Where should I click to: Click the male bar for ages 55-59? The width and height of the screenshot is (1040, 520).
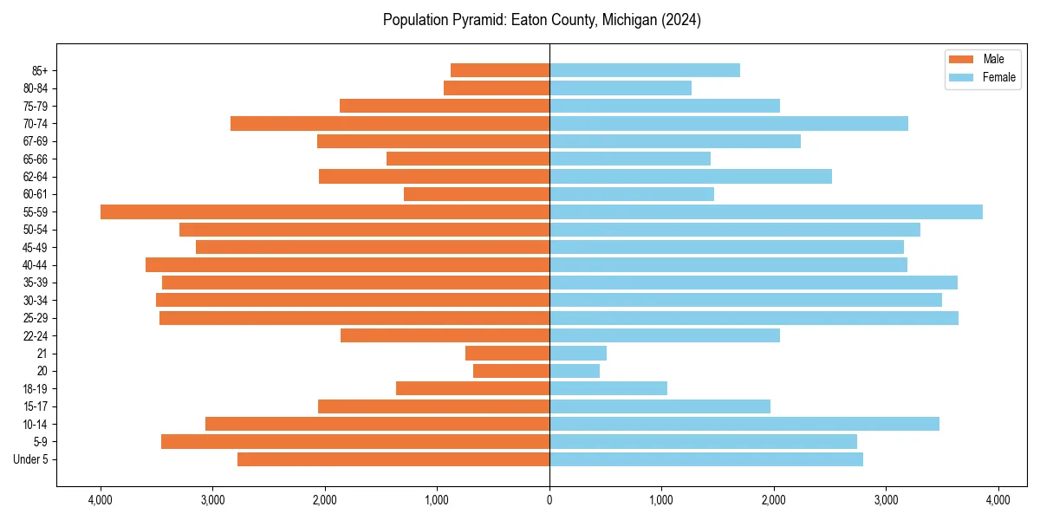(x=325, y=211)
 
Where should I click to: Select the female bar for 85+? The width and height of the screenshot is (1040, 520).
(x=645, y=70)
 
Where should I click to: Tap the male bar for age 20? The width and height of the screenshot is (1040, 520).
(x=511, y=371)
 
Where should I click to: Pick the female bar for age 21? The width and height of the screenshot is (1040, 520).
(x=578, y=353)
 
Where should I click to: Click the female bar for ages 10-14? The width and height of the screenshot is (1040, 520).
(x=744, y=424)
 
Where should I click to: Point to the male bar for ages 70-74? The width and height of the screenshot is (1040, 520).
(x=390, y=123)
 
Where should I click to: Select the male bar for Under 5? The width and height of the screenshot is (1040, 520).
(x=393, y=459)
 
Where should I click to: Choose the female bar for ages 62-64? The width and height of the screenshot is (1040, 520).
(x=691, y=176)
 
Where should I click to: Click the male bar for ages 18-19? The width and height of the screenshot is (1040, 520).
(x=472, y=388)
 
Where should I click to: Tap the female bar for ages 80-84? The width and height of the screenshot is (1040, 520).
(x=621, y=88)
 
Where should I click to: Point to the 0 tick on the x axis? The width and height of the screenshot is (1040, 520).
(x=549, y=500)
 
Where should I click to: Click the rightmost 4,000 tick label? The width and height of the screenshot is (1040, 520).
(x=998, y=500)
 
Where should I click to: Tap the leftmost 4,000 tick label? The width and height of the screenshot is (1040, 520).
(x=101, y=500)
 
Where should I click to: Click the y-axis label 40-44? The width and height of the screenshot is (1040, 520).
(x=35, y=265)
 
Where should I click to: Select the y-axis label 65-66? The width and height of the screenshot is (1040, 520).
(x=35, y=159)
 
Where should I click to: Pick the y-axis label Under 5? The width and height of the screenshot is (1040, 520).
(x=31, y=459)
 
